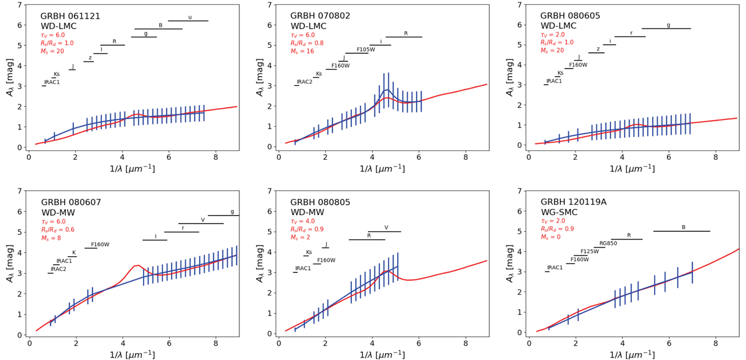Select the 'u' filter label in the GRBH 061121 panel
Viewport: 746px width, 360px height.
190,17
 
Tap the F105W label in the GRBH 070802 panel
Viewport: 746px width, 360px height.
366,50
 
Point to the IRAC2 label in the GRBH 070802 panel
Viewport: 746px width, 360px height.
305,82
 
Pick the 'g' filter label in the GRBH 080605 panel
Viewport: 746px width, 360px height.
668,25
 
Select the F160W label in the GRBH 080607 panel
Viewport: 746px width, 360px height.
100,245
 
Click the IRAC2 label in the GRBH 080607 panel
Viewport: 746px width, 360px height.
58,269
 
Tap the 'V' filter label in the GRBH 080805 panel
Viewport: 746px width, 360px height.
386,228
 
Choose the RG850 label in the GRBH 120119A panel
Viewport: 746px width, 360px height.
608,244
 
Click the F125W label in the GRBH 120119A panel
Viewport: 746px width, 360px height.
589,252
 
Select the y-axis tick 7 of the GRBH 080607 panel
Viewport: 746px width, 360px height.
19,191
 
